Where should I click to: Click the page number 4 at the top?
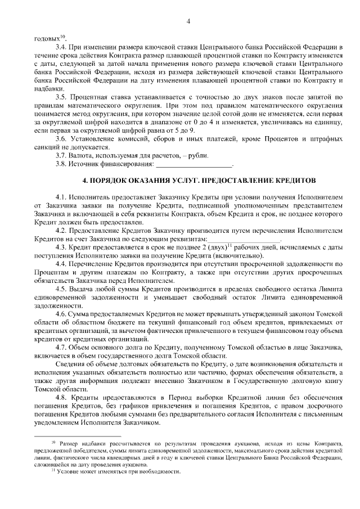tap(188, 22)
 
